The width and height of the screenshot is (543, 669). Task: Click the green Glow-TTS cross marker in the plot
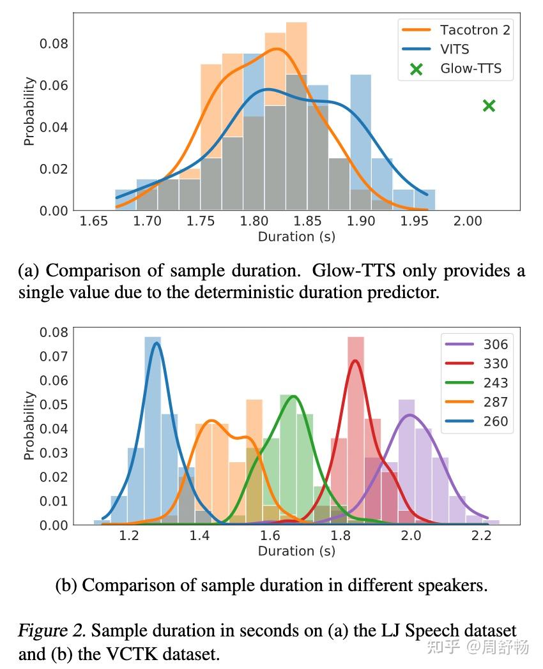[489, 105]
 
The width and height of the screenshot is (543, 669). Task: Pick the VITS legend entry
[454, 49]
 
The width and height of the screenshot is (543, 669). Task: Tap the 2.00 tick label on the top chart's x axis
[468, 222]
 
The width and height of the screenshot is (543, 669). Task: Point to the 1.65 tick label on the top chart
[94, 222]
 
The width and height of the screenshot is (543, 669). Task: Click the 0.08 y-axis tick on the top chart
[53, 44]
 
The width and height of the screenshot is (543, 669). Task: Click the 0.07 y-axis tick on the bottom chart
[53, 356]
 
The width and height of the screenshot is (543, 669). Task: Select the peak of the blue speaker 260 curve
[156, 342]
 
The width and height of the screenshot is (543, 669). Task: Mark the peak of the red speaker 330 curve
[355, 361]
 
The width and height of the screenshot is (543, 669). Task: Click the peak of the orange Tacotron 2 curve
[277, 49]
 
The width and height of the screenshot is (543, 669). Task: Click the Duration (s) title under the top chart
[296, 237]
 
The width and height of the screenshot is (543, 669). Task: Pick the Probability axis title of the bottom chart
[29, 426]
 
